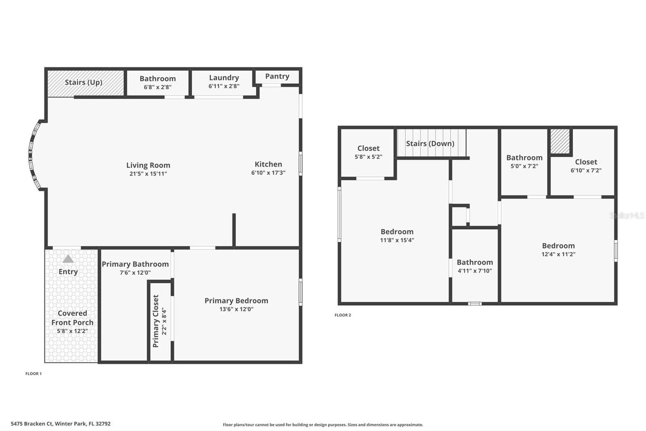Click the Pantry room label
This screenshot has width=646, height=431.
[277, 76]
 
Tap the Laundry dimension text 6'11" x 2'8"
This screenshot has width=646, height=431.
[224, 86]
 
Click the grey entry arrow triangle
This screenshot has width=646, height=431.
[68, 259]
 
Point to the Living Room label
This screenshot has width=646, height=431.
[148, 165]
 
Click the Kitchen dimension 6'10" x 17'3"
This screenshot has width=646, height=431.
[268, 173]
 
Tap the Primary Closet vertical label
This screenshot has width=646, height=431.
[156, 321]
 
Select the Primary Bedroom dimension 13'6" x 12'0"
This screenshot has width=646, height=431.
[236, 309]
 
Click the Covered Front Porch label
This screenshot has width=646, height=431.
[72, 318]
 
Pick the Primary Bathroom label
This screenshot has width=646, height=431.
[135, 264]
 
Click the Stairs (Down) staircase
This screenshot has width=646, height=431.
[430, 143]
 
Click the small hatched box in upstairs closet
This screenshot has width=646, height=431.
[560, 141]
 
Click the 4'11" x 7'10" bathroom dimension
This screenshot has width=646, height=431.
[475, 271]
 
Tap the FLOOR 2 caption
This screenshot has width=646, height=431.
[343, 315]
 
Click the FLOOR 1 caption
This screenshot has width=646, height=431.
[34, 374]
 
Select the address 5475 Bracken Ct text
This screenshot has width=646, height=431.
[61, 424]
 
